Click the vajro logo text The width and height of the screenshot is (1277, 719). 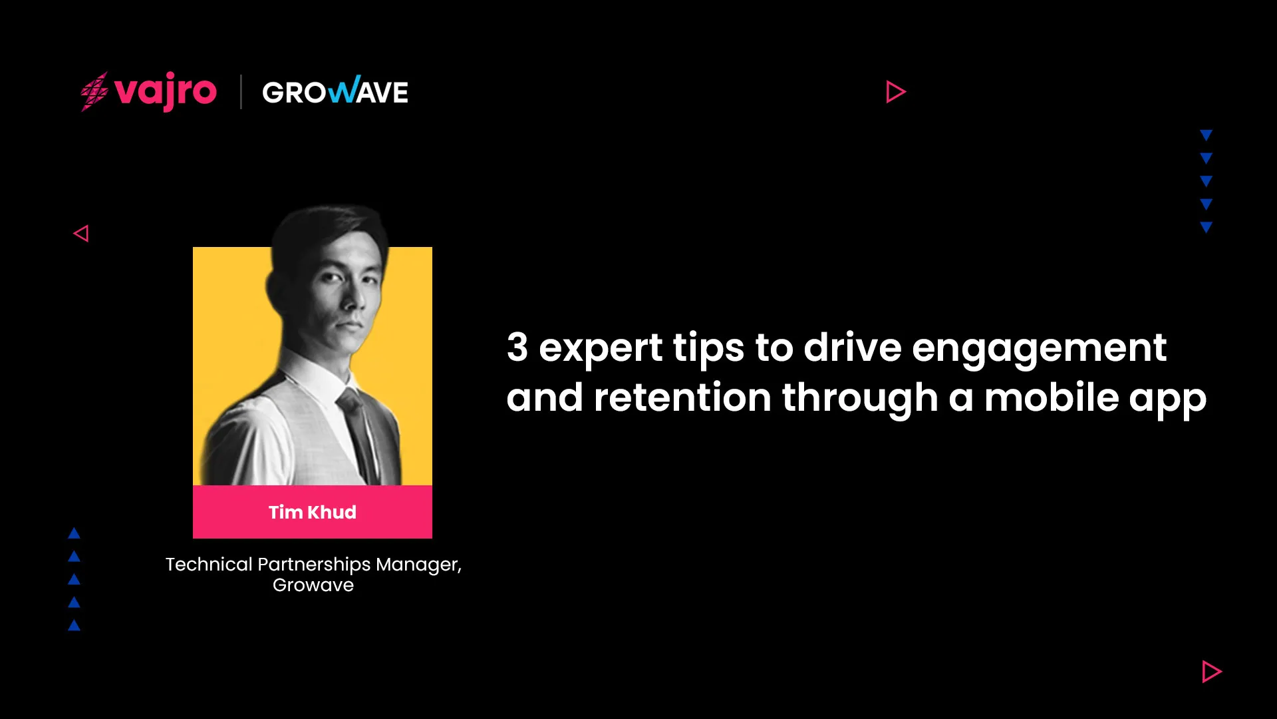coord(166,92)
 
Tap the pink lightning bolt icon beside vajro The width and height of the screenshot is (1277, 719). coord(94,92)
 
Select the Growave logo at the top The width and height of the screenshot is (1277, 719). coord(335,91)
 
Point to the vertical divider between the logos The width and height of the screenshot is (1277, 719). coord(240,92)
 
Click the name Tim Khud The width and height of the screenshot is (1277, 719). coord(313,512)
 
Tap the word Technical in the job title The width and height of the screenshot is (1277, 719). coord(209,564)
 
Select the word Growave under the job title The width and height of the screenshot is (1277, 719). coord(313,585)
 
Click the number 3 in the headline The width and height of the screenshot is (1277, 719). coord(517,347)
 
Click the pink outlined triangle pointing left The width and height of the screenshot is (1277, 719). coord(81,234)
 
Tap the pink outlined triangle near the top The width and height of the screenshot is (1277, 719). coord(895,92)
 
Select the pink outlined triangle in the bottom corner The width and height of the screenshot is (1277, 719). coord(1211,672)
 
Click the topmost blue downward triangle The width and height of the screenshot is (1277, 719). coord(1206,135)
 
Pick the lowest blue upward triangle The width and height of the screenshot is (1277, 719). coord(74,625)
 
